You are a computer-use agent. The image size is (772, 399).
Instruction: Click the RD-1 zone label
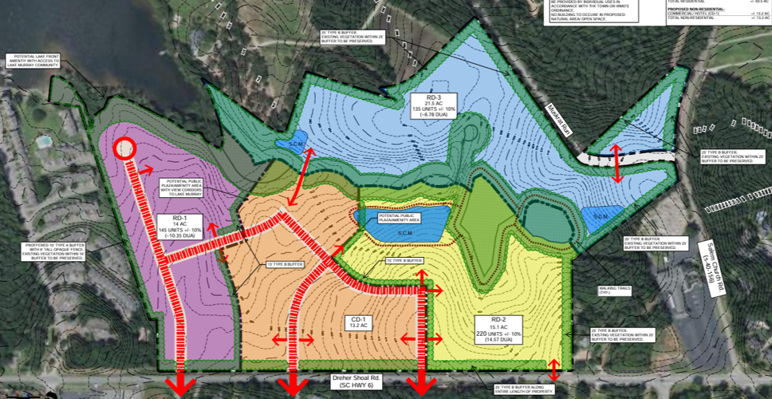click(x=179, y=217)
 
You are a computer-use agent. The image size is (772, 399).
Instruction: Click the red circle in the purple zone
click(x=124, y=148)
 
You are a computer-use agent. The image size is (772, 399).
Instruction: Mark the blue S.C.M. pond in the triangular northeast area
click(x=597, y=215)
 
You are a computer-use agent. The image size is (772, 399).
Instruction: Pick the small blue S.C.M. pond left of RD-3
click(x=290, y=142)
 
